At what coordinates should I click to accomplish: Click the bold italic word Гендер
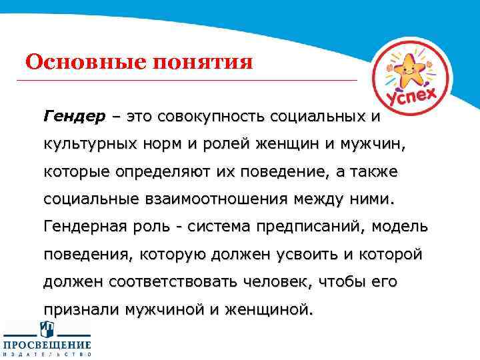coord(74,117)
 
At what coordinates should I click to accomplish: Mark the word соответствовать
coord(156,283)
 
